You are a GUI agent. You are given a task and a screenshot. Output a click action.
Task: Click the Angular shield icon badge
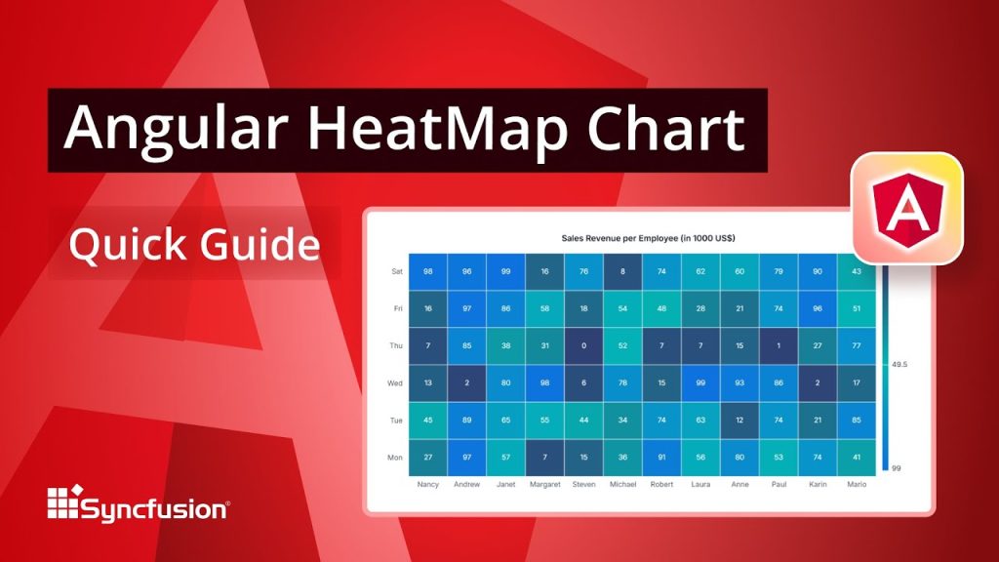tap(906, 208)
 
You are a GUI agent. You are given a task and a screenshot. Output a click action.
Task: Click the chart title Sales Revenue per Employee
tap(648, 238)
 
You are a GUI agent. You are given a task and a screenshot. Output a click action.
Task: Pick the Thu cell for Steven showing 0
tap(583, 345)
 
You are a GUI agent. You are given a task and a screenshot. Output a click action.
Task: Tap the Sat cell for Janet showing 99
tap(505, 271)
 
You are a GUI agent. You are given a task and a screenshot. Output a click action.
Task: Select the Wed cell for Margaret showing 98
tap(544, 382)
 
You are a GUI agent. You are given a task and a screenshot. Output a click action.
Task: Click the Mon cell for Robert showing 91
tap(661, 457)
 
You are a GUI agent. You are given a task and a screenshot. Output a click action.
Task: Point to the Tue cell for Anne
tap(739, 420)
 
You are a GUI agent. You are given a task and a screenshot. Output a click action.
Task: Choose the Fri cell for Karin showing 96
tap(818, 308)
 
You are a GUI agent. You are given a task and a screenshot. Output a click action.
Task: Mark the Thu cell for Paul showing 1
tap(779, 345)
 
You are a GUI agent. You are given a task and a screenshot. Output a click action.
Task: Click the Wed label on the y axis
tap(395, 383)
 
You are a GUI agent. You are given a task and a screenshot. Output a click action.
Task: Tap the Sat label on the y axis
tap(396, 272)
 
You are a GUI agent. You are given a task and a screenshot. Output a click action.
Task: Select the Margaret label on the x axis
tap(544, 484)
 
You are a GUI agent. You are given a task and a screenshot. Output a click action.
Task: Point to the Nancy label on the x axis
tap(427, 484)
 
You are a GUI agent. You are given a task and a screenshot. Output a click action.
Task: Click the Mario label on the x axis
tap(857, 484)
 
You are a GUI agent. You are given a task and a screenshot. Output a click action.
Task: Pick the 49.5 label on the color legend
tap(899, 364)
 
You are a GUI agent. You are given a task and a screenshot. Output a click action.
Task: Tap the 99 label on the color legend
tap(896, 468)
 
